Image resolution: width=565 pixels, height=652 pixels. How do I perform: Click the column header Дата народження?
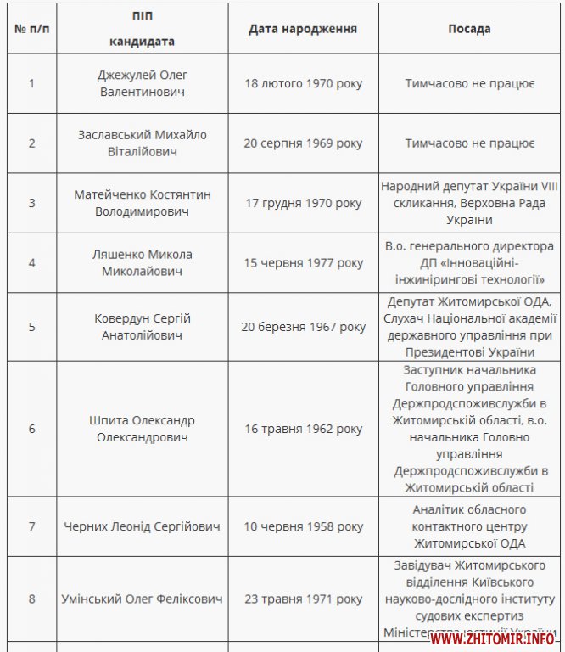(302, 29)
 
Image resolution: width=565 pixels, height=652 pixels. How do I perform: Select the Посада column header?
(469, 29)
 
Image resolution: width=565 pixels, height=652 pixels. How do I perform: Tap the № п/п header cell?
(32, 29)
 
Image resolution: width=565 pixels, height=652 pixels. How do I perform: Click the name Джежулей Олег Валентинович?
(142, 83)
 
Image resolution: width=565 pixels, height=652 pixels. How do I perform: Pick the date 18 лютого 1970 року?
(303, 83)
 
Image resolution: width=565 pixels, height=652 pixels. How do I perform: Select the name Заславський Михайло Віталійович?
(142, 143)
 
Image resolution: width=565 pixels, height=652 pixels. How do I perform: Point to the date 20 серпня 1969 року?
(303, 143)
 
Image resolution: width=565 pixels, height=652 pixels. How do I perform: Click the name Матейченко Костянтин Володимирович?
(142, 203)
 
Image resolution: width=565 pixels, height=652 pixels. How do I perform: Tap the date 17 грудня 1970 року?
(303, 203)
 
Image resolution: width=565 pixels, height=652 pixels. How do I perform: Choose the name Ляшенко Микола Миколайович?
(142, 262)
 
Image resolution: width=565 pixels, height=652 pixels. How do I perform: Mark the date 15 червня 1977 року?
(303, 263)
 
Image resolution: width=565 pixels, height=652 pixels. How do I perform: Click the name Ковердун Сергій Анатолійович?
(142, 327)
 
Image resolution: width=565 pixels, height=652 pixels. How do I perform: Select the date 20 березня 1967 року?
(303, 327)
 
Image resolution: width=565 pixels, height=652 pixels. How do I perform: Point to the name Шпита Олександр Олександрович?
(142, 429)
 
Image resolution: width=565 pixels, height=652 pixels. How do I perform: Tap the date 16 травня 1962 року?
(303, 429)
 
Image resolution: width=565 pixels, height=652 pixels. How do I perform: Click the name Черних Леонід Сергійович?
(142, 526)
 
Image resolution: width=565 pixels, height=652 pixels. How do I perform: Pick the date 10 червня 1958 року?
(303, 526)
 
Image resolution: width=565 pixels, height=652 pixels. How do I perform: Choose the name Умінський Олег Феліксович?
(142, 599)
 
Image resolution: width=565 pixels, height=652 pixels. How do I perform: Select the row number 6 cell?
(32, 429)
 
